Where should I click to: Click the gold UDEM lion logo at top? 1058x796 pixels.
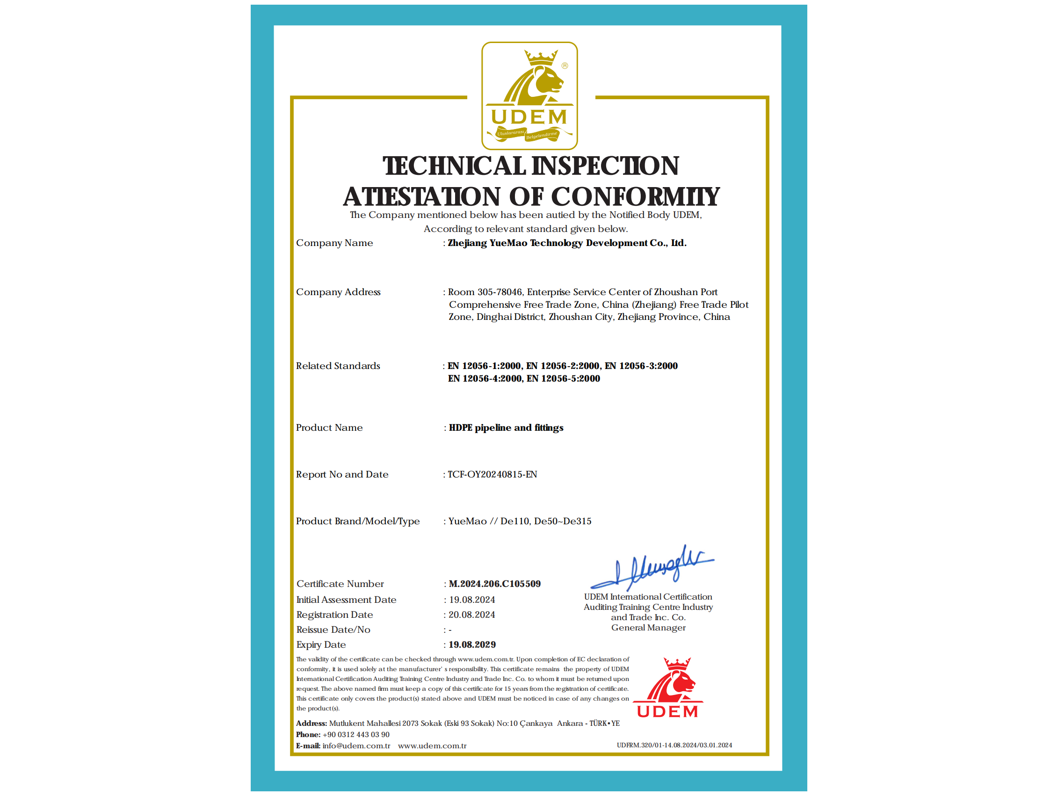click(529, 96)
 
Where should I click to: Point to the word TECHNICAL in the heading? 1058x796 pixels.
click(454, 166)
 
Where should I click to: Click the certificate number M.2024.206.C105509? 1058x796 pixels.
click(494, 584)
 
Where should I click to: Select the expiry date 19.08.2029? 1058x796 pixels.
click(472, 644)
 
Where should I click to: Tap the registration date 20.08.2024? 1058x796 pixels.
click(471, 615)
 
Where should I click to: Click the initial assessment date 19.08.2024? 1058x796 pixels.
click(471, 600)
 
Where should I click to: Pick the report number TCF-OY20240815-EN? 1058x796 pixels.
click(492, 474)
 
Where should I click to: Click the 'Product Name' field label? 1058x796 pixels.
click(329, 427)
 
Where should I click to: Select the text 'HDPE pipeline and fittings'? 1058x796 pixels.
click(506, 427)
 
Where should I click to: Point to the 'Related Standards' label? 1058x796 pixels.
click(338, 366)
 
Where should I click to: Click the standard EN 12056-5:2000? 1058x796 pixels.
click(563, 378)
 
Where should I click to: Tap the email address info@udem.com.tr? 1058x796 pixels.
click(356, 746)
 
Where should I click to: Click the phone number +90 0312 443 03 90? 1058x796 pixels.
click(356, 734)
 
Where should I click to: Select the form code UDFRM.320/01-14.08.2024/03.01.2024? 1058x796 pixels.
click(674, 745)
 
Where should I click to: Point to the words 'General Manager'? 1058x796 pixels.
click(648, 628)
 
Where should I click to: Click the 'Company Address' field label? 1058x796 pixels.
click(338, 292)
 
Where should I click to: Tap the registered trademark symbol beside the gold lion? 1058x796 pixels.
click(565, 65)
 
